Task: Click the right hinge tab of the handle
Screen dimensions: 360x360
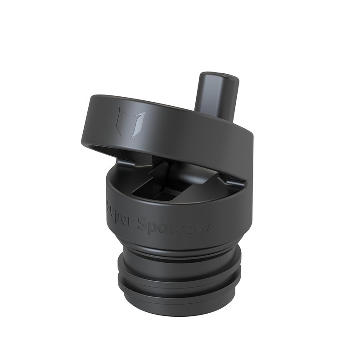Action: point(234,180)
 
